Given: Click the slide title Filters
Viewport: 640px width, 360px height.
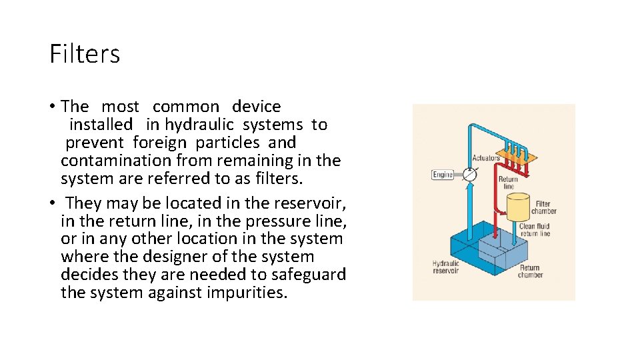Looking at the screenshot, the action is click(85, 53).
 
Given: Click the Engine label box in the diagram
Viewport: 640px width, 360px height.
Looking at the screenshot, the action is click(443, 175).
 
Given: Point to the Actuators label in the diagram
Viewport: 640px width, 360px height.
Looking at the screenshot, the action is click(485, 158).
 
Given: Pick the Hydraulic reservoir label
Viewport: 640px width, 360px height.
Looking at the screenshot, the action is click(446, 267).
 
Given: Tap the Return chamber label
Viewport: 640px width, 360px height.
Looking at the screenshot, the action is click(530, 271).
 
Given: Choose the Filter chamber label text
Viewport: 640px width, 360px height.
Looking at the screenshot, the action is click(543, 207).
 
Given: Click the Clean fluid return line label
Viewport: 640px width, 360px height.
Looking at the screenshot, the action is click(535, 230).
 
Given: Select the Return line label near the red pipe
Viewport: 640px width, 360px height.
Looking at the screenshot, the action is click(508, 183).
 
